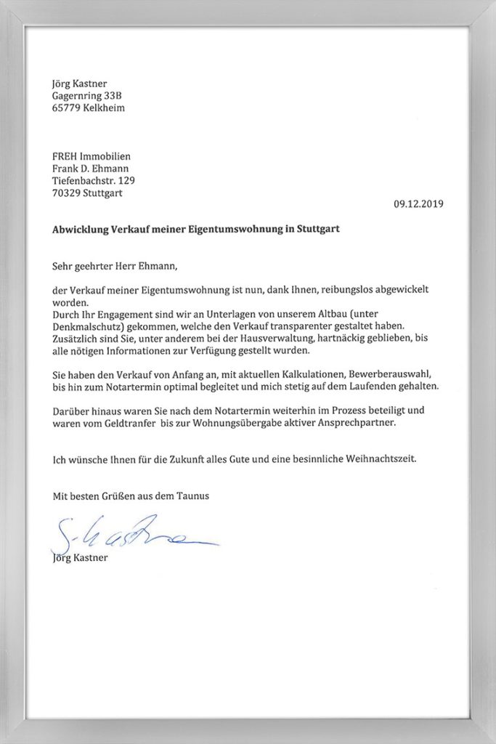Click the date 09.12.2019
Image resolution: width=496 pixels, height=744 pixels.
pyautogui.click(x=418, y=204)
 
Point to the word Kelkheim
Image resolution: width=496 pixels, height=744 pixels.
pyautogui.click(x=104, y=108)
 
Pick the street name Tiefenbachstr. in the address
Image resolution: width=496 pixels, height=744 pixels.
pyautogui.click(x=81, y=180)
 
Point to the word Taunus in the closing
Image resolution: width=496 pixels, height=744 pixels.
pyautogui.click(x=192, y=496)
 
